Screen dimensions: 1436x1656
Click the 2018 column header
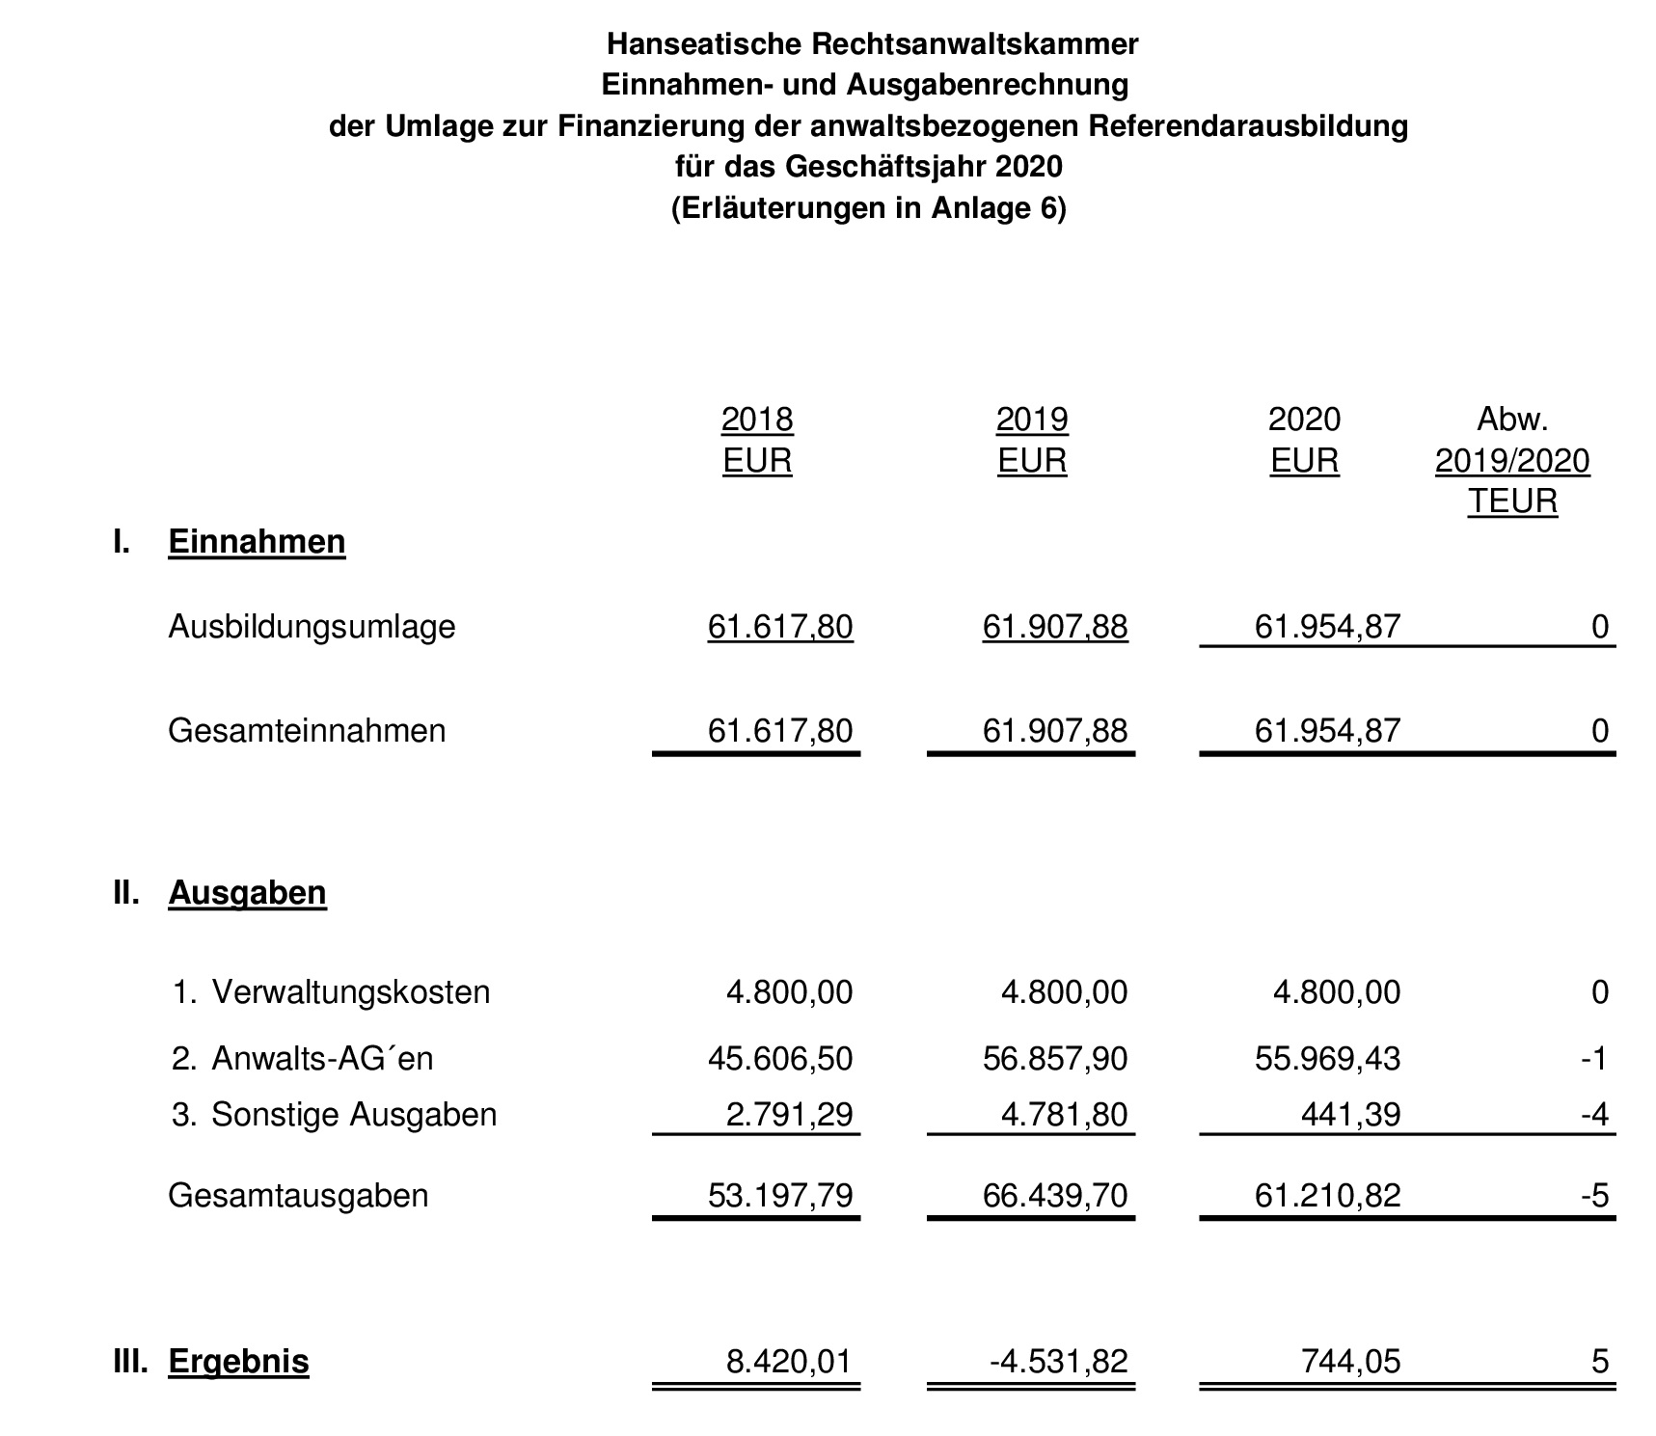point(757,420)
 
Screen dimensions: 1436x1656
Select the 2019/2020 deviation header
point(1511,461)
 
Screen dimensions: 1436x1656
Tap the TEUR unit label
point(1512,501)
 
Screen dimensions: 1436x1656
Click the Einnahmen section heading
point(257,542)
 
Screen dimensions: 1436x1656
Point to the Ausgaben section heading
point(247,893)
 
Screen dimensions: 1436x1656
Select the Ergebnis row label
point(238,1362)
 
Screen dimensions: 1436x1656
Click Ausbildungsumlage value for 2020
point(1327,627)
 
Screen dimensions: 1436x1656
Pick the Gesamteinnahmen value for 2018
point(780,731)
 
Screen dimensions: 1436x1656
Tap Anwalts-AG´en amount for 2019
point(1055,1059)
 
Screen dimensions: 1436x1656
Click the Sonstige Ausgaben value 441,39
point(1350,1115)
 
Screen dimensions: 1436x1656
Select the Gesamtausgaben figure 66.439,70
point(1055,1196)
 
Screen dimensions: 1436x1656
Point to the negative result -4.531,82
point(1058,1362)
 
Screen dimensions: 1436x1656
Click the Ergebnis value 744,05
point(1350,1362)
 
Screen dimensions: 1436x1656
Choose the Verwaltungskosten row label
point(350,992)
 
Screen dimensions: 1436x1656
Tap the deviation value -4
point(1594,1115)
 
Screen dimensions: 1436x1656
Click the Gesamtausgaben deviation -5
point(1594,1196)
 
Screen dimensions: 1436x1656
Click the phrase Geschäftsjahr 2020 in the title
point(924,167)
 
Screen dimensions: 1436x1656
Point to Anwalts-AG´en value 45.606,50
point(780,1059)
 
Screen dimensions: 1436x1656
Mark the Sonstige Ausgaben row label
point(354,1115)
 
